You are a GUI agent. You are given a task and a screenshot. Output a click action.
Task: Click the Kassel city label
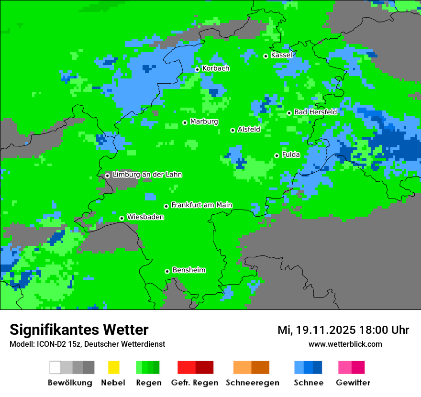pyautogui.click(x=281, y=55)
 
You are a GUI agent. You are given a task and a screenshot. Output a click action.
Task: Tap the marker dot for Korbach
pyautogui.click(x=197, y=69)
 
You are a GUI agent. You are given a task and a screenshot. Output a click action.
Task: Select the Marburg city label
pyautogui.click(x=204, y=121)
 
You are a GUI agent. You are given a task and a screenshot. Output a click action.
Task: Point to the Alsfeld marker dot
pyautogui.click(x=233, y=130)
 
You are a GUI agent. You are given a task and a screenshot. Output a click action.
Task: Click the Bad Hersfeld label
pyautogui.click(x=315, y=112)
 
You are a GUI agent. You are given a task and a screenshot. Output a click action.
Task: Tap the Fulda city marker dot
pyautogui.click(x=277, y=155)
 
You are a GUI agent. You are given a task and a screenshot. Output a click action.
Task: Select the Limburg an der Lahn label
pyautogui.click(x=147, y=175)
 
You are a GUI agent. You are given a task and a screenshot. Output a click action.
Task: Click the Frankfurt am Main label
pyautogui.click(x=201, y=205)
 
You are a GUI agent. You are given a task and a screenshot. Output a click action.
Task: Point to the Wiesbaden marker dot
pyautogui.click(x=122, y=218)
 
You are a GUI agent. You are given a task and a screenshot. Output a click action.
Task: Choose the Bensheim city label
pyautogui.click(x=188, y=270)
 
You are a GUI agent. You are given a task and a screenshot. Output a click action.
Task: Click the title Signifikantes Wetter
pyautogui.click(x=79, y=330)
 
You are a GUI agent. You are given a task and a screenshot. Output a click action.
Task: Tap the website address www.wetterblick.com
pyautogui.click(x=345, y=344)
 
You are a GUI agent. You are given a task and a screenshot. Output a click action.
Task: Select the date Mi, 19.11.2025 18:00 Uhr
pyautogui.click(x=343, y=331)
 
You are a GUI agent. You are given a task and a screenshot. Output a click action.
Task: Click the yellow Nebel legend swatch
pyautogui.click(x=113, y=367)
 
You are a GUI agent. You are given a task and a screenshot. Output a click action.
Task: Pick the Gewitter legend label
pyautogui.click(x=353, y=383)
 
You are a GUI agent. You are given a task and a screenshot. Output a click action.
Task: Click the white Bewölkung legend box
pyautogui.click(x=55, y=367)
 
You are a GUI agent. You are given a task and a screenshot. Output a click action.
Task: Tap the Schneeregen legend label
pyautogui.click(x=252, y=383)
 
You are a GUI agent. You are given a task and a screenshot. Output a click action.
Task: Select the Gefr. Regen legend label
pyautogui.click(x=194, y=383)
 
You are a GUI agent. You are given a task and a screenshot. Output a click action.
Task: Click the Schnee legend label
pyautogui.click(x=308, y=383)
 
